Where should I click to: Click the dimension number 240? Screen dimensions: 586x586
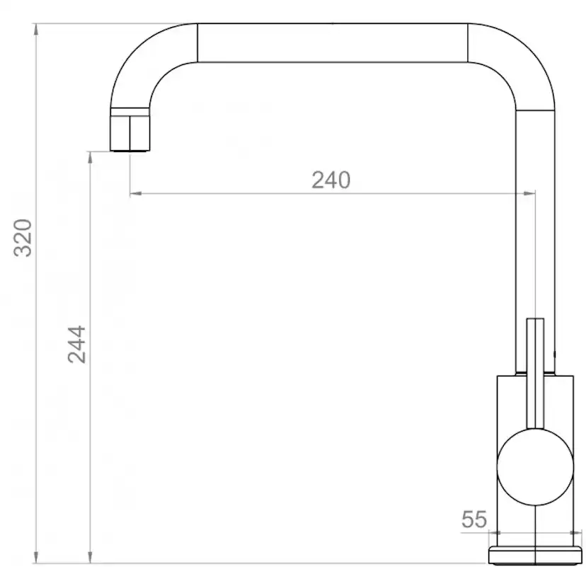tap(331, 180)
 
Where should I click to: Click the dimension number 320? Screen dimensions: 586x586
tap(23, 238)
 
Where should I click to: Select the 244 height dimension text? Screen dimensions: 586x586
tap(76, 344)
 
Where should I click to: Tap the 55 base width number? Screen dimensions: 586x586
tap(474, 519)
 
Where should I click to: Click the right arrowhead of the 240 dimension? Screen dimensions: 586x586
tap(530, 193)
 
